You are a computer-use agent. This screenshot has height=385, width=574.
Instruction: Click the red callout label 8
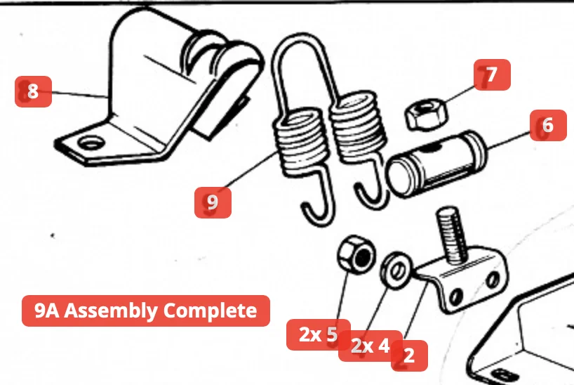click(x=33, y=91)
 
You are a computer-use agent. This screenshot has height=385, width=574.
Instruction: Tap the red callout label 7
click(x=492, y=75)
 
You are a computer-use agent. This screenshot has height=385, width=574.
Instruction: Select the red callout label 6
click(x=548, y=126)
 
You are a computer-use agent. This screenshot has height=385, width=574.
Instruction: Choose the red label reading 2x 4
click(x=370, y=346)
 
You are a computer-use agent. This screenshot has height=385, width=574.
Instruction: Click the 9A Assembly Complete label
click(x=146, y=311)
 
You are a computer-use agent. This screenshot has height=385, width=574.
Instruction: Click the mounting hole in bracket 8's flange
click(x=90, y=145)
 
